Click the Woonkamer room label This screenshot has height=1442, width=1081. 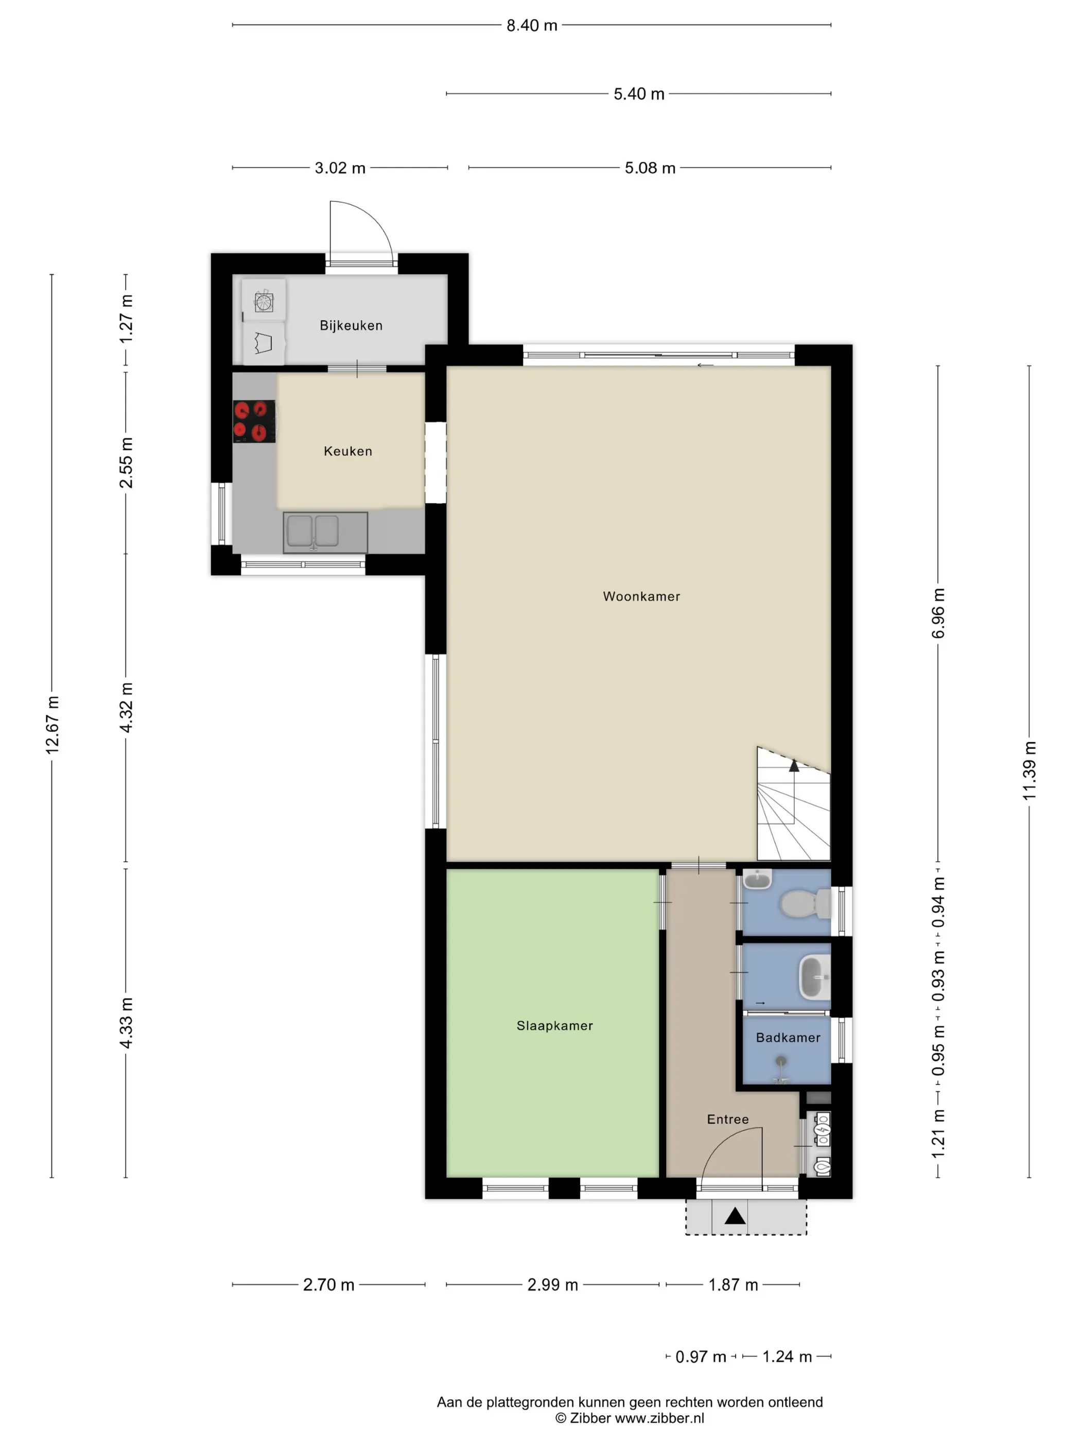point(641,596)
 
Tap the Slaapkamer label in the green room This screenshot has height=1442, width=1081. point(554,1025)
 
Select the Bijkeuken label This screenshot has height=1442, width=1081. point(351,325)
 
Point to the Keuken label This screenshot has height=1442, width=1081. point(348,451)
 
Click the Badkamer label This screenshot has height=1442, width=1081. point(788,1038)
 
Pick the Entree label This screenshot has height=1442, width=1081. point(728,1119)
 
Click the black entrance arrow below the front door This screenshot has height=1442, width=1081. point(735,1216)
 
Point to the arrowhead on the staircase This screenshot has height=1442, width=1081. point(794,765)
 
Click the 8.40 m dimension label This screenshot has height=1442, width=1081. point(532,25)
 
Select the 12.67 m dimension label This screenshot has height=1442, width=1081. point(52,725)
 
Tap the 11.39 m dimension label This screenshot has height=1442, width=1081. point(1029,770)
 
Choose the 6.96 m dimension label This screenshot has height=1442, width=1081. point(938,613)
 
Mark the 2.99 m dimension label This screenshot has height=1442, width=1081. point(552,1285)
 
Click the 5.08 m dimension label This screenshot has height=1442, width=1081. point(650,168)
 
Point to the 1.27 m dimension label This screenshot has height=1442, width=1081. point(126,319)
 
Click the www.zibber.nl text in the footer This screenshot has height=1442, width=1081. point(659,1418)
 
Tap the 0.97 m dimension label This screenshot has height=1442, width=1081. point(701,1357)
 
